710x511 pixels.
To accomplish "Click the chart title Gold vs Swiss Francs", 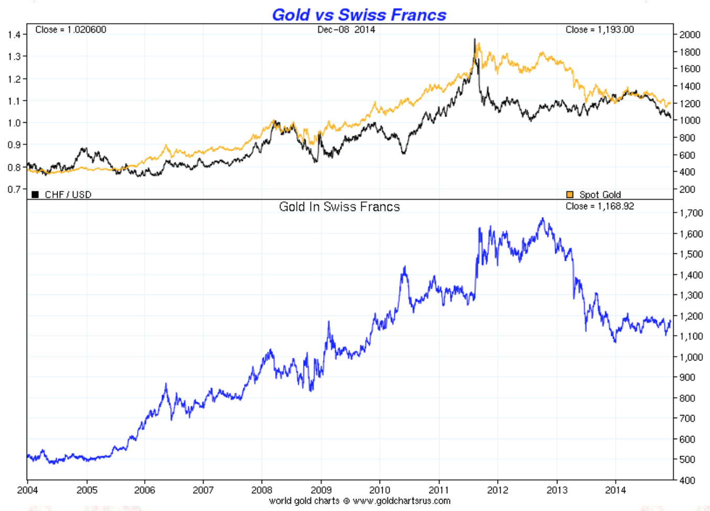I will [359, 15].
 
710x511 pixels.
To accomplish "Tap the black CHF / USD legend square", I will [35, 195].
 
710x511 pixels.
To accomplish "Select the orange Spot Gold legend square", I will [570, 195].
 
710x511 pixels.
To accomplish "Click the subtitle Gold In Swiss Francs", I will [339, 207].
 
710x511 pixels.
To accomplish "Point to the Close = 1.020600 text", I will [71, 30].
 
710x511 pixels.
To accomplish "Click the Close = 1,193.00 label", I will [599, 30].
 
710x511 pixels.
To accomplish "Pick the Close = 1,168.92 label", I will [599, 206].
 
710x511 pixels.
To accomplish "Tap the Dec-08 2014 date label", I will [346, 30].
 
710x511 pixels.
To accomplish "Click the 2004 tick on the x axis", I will [27, 490].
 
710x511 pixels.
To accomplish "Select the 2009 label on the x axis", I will [321, 490].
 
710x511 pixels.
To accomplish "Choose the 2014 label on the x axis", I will [616, 490].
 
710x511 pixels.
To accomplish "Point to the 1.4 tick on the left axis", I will [14, 35].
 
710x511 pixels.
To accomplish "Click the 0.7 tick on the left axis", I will [14, 189].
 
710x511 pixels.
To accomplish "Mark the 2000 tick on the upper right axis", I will [690, 35].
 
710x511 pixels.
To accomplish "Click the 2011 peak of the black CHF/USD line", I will [475, 39].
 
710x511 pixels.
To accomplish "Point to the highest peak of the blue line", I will [543, 218].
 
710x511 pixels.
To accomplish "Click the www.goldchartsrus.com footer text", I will [401, 501].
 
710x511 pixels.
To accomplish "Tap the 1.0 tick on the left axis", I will [14, 123].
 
